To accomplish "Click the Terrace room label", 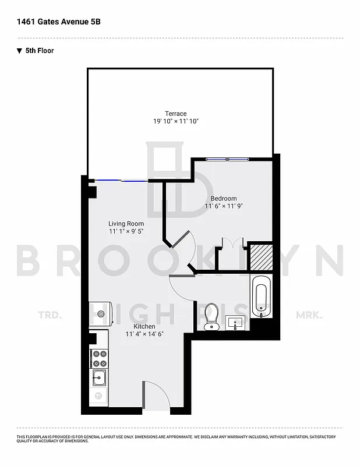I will coord(175,114).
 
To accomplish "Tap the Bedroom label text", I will coord(224,199).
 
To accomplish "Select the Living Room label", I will coord(126,224).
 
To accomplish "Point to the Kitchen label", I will coord(144,326).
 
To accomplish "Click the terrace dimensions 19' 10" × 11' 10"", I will coord(175,122).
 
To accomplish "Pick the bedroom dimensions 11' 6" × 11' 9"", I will coord(224,206).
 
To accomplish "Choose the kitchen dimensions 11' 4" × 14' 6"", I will coord(144,334).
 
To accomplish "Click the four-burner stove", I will coord(98,356).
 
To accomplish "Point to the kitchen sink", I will coord(98,377).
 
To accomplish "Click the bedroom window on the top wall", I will coord(229,158).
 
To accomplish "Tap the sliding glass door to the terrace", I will coord(122,181).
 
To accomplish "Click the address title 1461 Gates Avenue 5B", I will coord(55,22).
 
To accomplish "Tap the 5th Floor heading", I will coord(39,51).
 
